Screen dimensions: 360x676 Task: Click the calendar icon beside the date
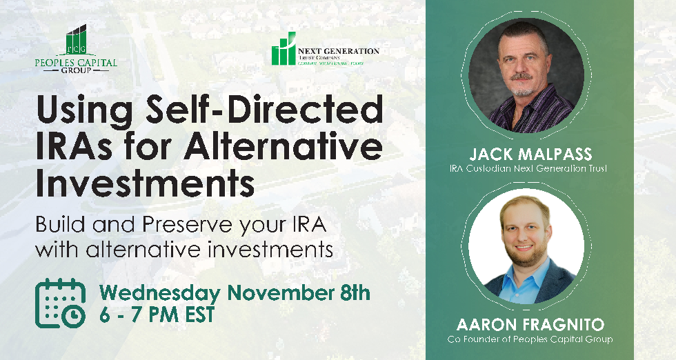(x=60, y=302)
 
